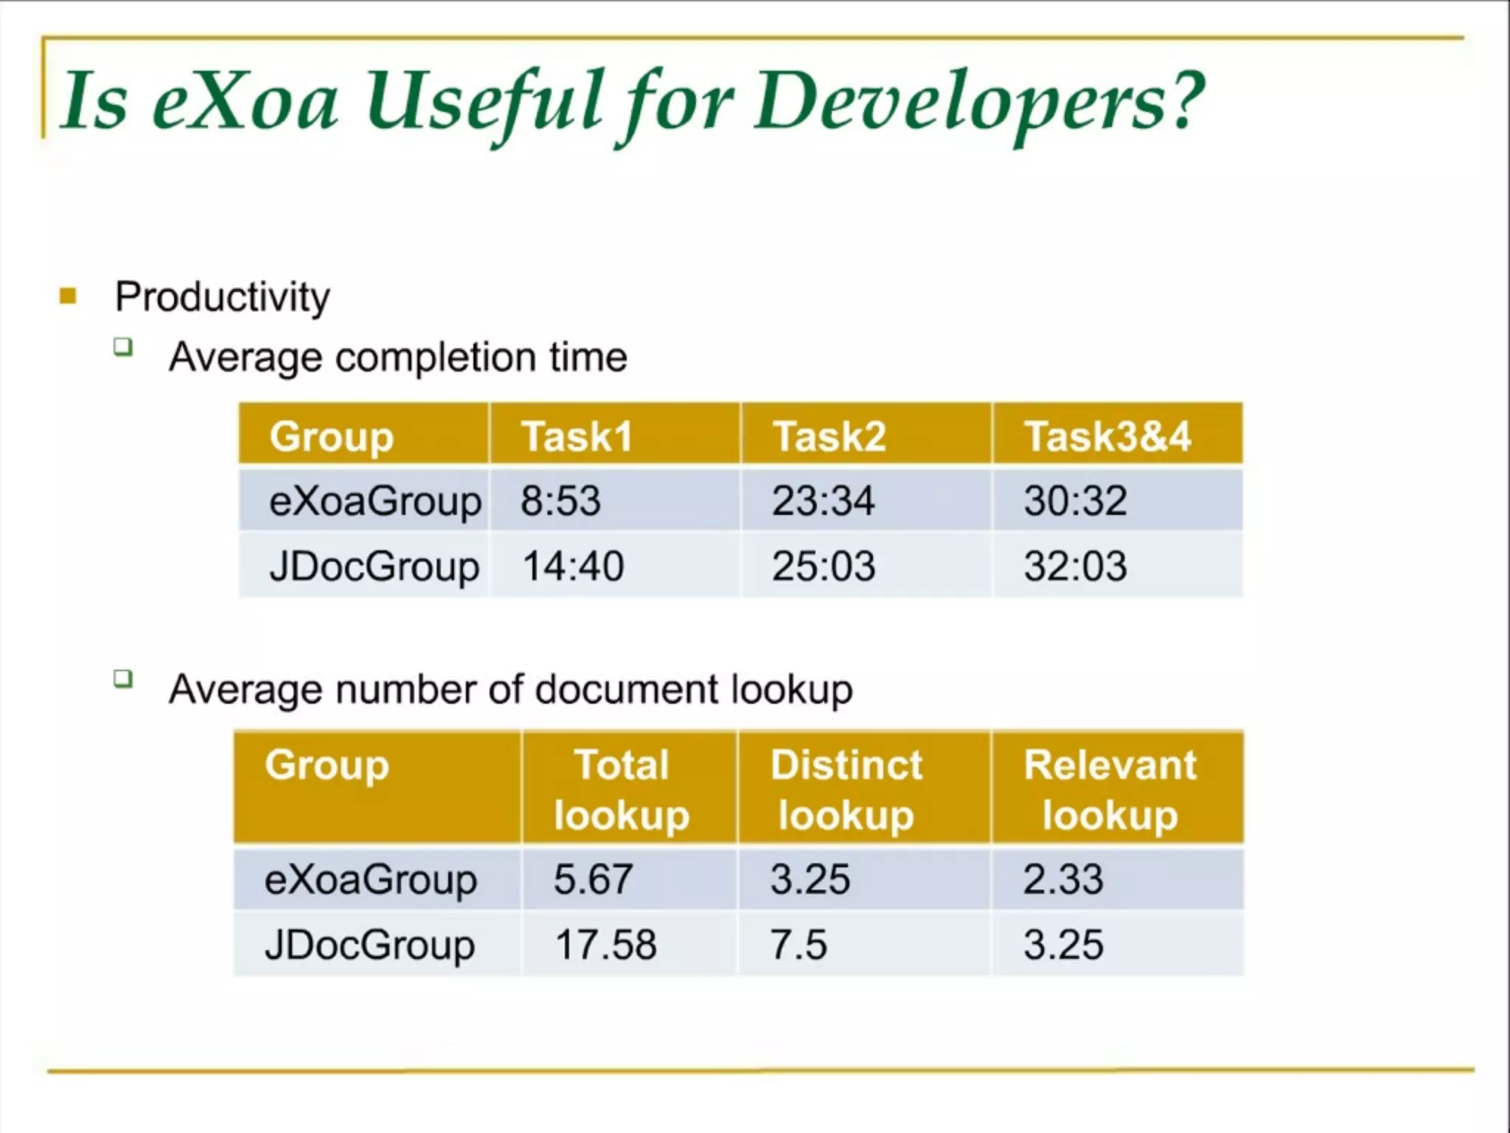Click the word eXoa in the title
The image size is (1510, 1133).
pyautogui.click(x=245, y=100)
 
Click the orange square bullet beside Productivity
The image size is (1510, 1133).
pyautogui.click(x=68, y=297)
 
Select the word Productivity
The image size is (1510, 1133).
pyautogui.click(x=222, y=297)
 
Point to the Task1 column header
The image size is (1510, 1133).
pyautogui.click(x=577, y=435)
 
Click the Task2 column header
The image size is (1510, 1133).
pyautogui.click(x=829, y=435)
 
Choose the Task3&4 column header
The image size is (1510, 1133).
pyautogui.click(x=1107, y=435)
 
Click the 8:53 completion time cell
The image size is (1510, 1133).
pyautogui.click(x=560, y=500)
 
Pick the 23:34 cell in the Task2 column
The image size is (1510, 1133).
pyautogui.click(x=823, y=500)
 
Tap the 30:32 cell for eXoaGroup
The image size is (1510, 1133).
pyautogui.click(x=1075, y=500)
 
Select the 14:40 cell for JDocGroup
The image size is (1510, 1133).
pyautogui.click(x=573, y=566)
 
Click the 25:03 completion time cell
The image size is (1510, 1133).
pyautogui.click(x=823, y=566)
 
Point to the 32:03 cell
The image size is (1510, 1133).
pyautogui.click(x=1075, y=566)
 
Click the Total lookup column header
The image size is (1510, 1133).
pyautogui.click(x=622, y=789)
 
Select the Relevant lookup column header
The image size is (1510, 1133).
pyautogui.click(x=1110, y=789)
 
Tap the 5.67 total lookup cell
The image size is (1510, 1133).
pyautogui.click(x=593, y=879)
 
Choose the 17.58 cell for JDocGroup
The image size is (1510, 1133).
pyautogui.click(x=605, y=944)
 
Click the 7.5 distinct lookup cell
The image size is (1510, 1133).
pyautogui.click(x=799, y=944)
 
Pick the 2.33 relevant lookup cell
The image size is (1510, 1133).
pyautogui.click(x=1062, y=879)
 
